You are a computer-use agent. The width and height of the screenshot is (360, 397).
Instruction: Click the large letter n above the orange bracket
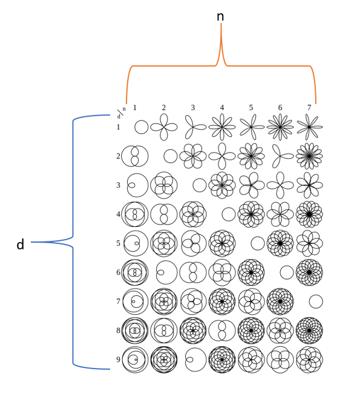click(220, 17)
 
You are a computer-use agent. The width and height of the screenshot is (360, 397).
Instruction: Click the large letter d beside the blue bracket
click(20, 244)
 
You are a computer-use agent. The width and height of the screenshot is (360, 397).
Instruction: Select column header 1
click(135, 108)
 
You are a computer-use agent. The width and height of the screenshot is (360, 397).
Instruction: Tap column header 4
click(222, 108)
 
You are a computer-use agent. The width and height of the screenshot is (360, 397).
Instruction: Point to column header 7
click(309, 108)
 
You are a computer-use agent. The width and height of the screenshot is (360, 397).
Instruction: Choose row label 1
click(118, 127)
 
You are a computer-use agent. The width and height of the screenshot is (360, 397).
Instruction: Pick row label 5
click(118, 243)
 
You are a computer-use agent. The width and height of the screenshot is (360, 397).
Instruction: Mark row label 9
click(118, 359)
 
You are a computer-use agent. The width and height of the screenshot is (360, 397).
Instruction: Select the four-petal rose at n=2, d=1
click(164, 127)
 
